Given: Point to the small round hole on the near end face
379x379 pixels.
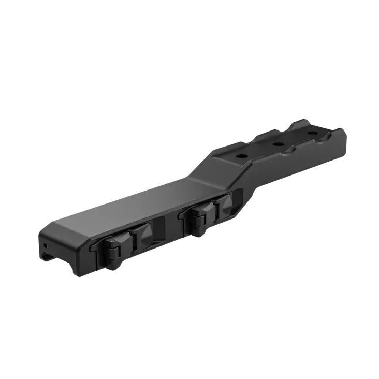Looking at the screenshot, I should coord(46,243).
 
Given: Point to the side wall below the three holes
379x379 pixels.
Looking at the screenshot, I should coord(290,166).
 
